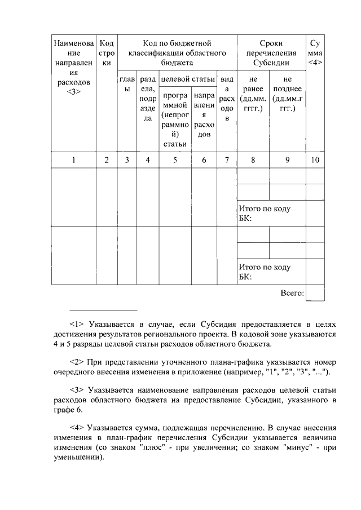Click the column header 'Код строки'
click(x=107, y=53)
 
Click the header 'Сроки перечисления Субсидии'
click(x=271, y=53)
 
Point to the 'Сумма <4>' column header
click(x=315, y=53)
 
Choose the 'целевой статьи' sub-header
click(x=187, y=79)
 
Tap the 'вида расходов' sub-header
click(x=227, y=99)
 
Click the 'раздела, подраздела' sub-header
click(x=147, y=99)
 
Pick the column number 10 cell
click(x=315, y=160)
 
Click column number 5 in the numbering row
click(x=175, y=160)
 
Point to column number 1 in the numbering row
click(x=73, y=160)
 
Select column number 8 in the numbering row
click(x=252, y=160)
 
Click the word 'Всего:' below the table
click(x=292, y=293)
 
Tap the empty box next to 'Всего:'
click(x=315, y=293)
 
